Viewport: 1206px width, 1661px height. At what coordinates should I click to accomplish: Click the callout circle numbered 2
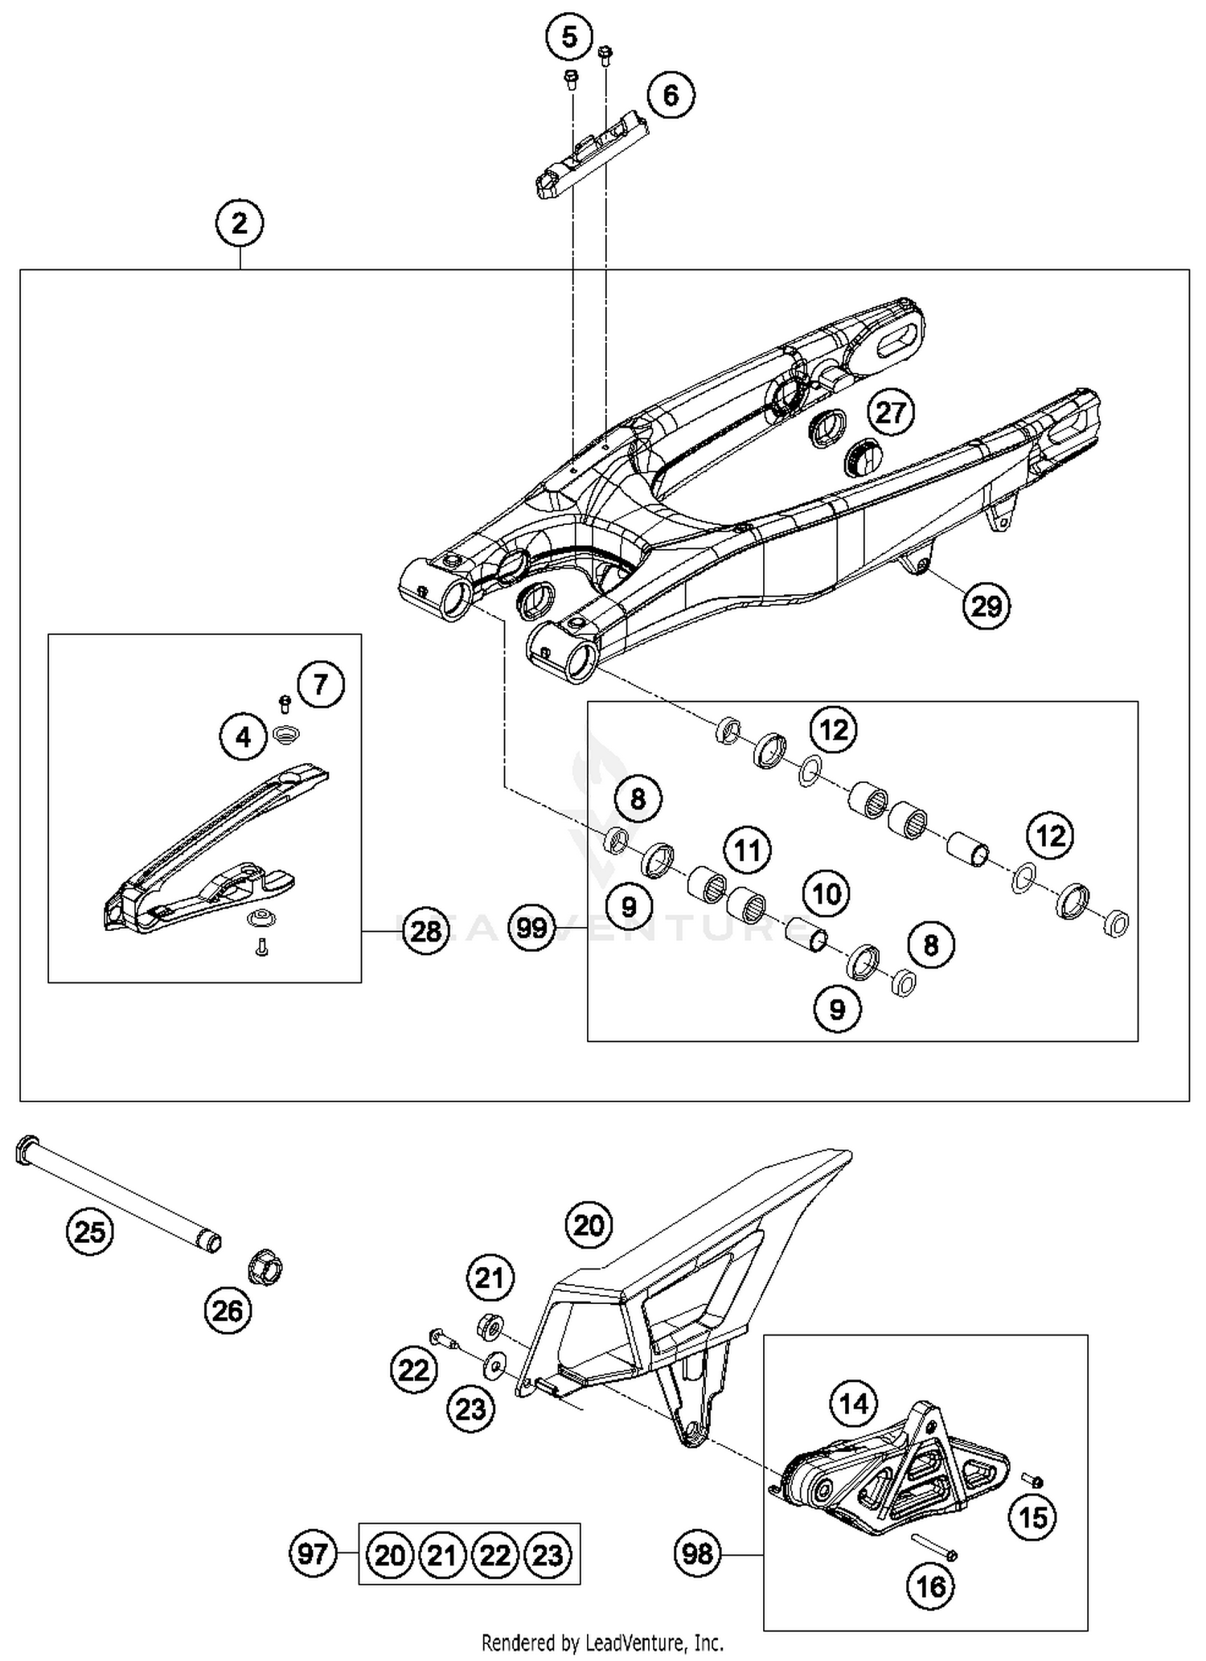pyautogui.click(x=240, y=223)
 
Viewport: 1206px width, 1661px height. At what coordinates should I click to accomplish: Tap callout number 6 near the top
pyautogui.click(x=670, y=96)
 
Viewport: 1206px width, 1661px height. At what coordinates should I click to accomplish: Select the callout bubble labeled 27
pyautogui.click(x=890, y=412)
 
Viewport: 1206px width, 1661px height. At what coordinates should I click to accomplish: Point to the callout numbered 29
pyautogui.click(x=987, y=605)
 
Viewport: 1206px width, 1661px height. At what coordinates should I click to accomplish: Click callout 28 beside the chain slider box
pyautogui.click(x=425, y=931)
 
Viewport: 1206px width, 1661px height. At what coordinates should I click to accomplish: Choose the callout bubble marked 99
pyautogui.click(x=532, y=929)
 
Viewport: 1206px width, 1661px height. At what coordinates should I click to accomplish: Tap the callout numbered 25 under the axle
pyautogui.click(x=89, y=1231)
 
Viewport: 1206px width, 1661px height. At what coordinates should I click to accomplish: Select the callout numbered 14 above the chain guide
pyautogui.click(x=854, y=1404)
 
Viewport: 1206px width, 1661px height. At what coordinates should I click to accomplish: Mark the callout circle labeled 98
pyautogui.click(x=697, y=1553)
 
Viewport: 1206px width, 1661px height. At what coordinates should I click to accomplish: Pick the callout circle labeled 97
pyautogui.click(x=313, y=1553)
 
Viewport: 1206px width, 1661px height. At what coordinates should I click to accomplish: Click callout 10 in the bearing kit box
pyautogui.click(x=827, y=893)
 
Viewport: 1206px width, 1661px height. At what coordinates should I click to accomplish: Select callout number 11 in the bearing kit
pyautogui.click(x=747, y=850)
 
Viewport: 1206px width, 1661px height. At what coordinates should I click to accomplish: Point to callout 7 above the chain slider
pyautogui.click(x=320, y=685)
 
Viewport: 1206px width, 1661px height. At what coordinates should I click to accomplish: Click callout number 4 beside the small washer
pyautogui.click(x=244, y=736)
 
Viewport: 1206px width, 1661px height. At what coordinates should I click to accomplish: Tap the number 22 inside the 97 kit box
pyautogui.click(x=495, y=1555)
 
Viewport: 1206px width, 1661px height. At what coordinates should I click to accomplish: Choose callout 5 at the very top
pyautogui.click(x=568, y=37)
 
